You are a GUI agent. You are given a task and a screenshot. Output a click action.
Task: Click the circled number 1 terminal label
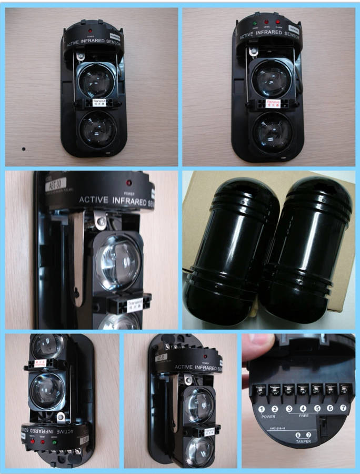click(261, 409)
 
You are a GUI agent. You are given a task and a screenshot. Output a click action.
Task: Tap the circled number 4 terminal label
click(303, 408)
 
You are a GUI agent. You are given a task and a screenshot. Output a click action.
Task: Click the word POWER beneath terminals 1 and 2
click(268, 417)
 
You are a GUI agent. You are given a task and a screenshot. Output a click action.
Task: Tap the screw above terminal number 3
click(288, 390)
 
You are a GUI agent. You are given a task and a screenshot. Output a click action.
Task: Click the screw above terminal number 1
click(261, 390)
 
